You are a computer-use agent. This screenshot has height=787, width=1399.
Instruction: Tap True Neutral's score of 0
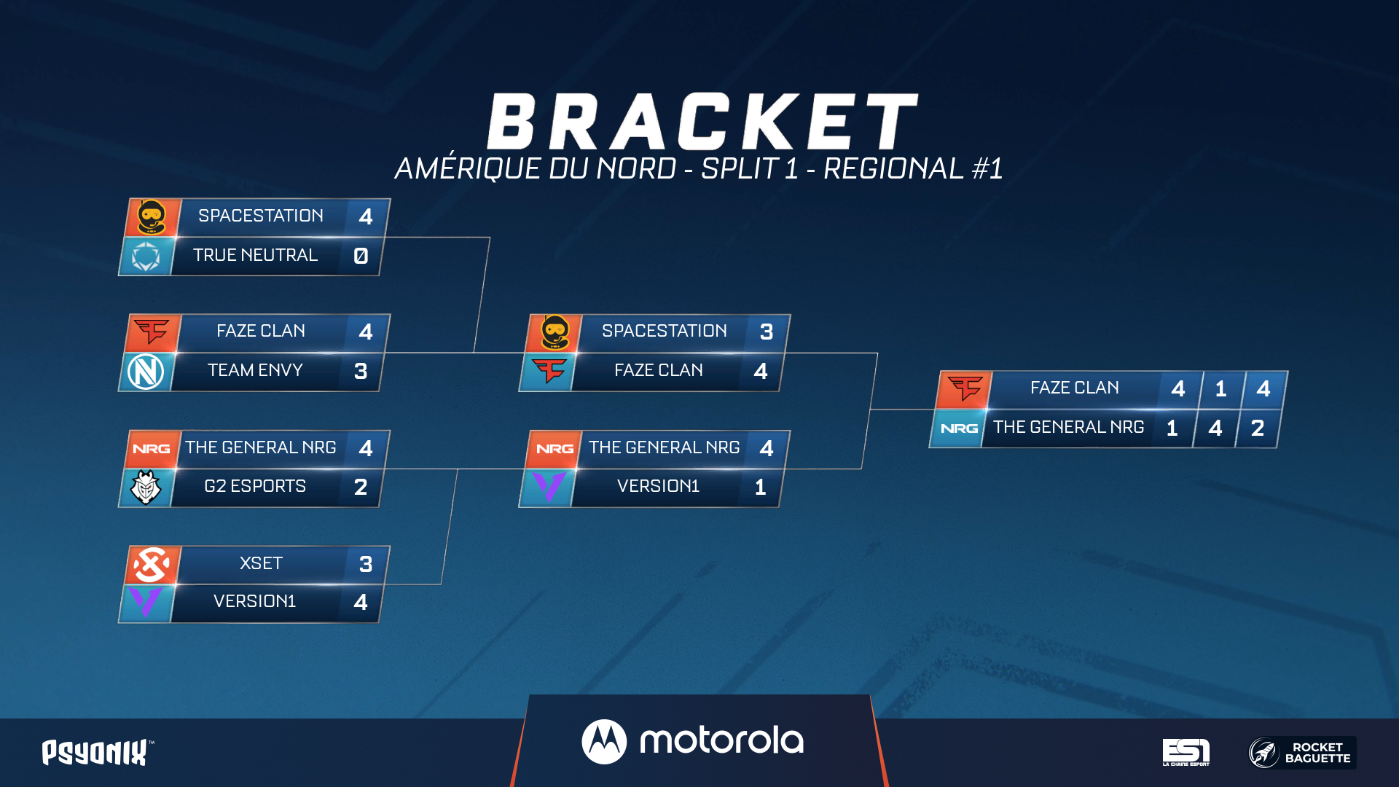(361, 256)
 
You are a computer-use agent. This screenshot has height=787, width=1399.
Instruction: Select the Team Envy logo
(146, 372)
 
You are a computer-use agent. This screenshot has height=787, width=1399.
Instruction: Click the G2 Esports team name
(255, 486)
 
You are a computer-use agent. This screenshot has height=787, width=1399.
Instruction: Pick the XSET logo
(152, 565)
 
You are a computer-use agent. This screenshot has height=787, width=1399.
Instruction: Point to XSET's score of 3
(366, 564)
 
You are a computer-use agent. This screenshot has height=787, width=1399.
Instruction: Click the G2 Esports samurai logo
(146, 488)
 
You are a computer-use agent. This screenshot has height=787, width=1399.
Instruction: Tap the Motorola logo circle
(604, 742)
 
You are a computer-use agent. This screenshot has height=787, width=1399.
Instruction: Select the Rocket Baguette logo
(1302, 753)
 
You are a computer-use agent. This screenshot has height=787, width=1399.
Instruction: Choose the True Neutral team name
(255, 255)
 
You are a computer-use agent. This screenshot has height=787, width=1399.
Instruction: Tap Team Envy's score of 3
(361, 371)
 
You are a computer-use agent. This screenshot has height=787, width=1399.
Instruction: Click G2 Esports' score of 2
(361, 487)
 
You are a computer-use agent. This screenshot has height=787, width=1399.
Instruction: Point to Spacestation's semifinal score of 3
(767, 332)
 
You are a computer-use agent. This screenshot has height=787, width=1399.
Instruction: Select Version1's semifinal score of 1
(761, 487)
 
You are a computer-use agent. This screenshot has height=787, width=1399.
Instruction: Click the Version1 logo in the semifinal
(549, 487)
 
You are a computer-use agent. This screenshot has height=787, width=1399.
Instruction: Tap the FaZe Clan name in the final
(1075, 388)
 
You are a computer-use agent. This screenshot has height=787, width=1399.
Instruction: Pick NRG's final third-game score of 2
(1258, 428)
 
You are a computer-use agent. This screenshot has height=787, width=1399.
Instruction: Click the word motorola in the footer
(721, 741)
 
